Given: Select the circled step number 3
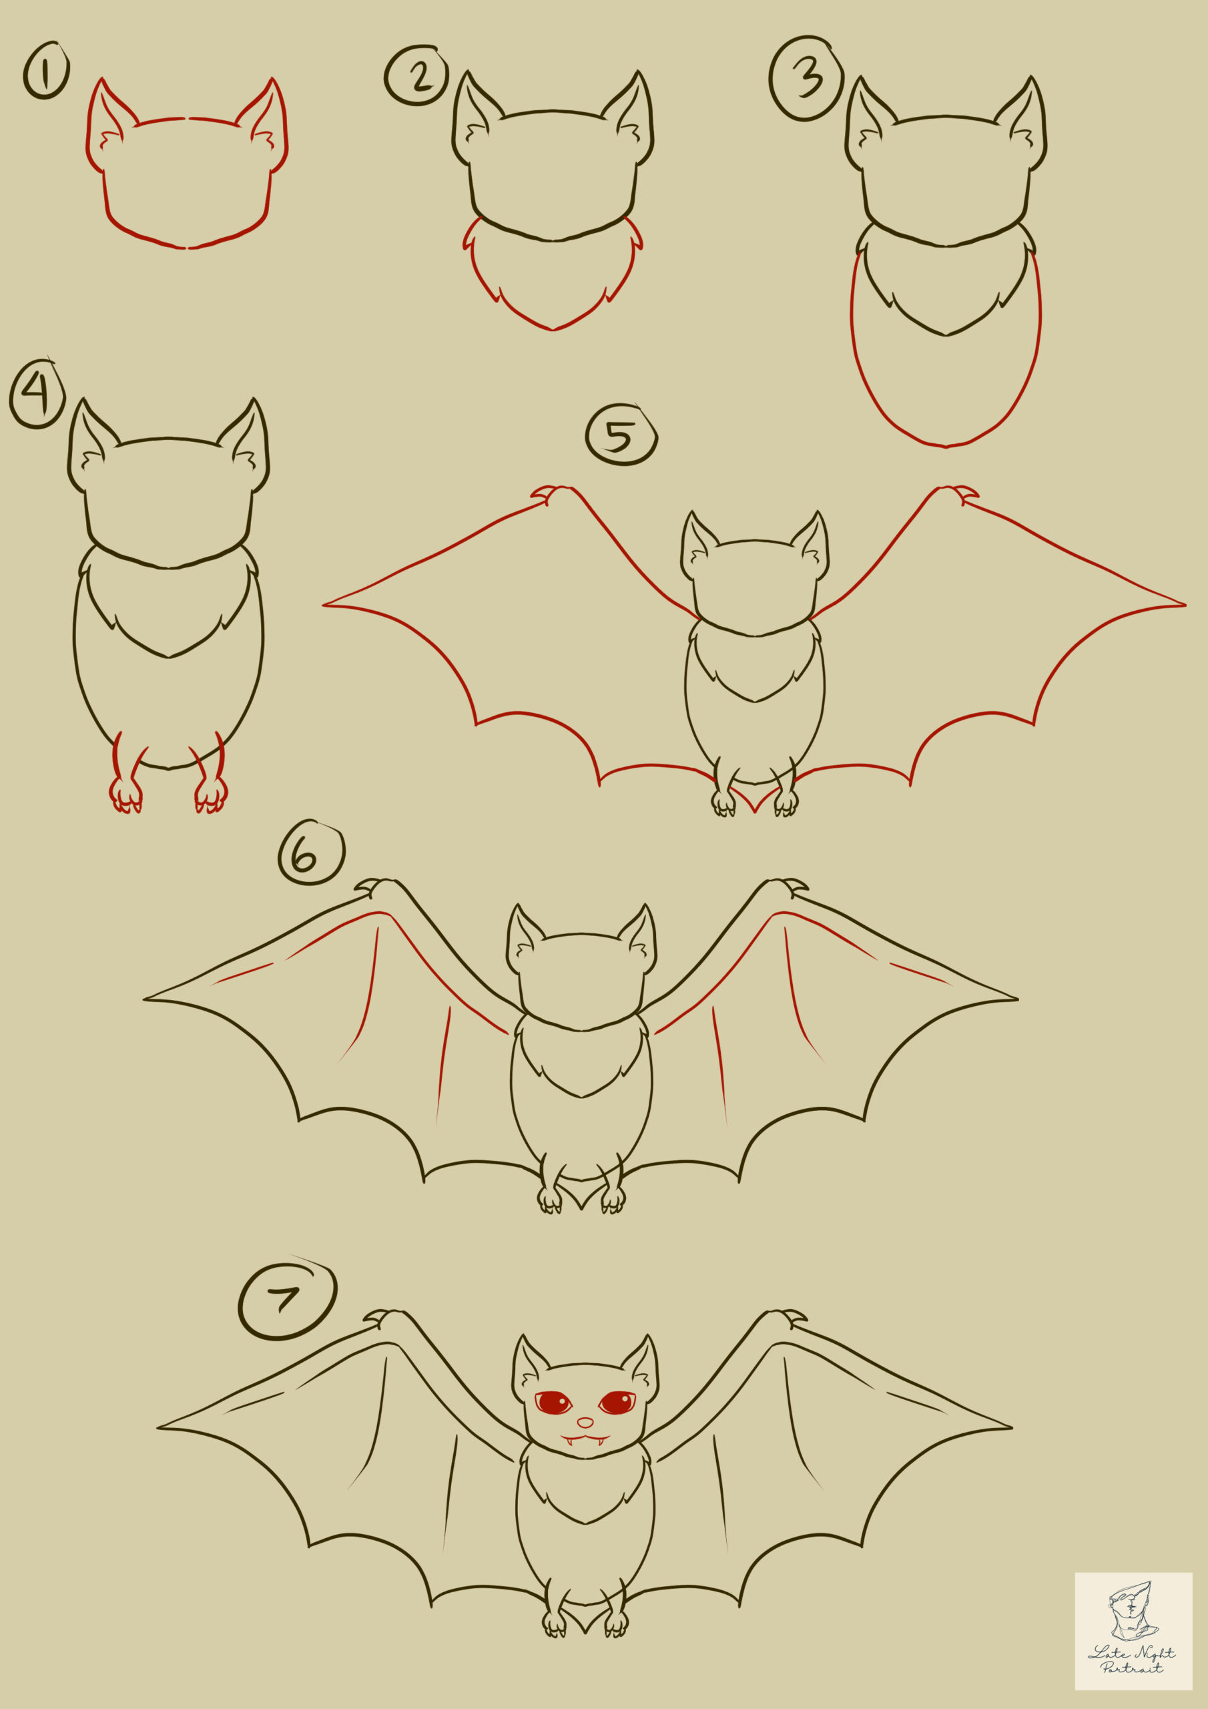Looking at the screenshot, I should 806,78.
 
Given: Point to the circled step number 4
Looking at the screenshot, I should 37,394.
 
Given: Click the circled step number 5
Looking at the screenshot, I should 621,436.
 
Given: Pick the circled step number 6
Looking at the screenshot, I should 311,854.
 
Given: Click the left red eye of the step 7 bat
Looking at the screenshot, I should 554,1403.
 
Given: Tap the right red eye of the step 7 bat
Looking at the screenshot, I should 617,1403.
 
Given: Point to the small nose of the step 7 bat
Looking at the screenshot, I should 586,1423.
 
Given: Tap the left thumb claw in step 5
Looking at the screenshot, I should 544,493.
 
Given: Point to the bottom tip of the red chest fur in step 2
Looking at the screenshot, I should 552,328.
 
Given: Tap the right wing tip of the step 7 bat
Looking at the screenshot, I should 1009,1428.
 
